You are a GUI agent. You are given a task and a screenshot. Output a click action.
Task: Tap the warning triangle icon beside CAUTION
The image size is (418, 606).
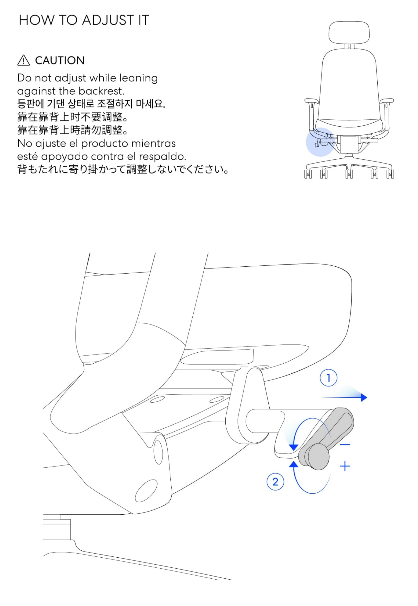click(x=24, y=60)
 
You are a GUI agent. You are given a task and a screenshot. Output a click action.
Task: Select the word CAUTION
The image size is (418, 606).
click(x=60, y=60)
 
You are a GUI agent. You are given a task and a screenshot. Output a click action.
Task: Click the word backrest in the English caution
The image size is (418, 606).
click(x=101, y=91)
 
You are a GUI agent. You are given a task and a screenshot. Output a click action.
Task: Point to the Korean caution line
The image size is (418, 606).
click(x=91, y=104)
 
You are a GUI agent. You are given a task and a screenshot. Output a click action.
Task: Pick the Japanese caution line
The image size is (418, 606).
click(x=123, y=169)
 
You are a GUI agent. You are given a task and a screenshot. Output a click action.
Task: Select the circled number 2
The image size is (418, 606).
click(x=275, y=482)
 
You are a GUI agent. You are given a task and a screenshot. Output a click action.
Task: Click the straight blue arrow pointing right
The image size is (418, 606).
click(x=344, y=397)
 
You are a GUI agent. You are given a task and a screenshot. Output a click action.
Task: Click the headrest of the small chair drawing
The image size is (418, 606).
click(x=349, y=33)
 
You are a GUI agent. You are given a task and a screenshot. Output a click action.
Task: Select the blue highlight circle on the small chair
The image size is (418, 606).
click(x=320, y=142)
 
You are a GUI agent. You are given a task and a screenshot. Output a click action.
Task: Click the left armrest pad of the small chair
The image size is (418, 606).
click(x=311, y=101)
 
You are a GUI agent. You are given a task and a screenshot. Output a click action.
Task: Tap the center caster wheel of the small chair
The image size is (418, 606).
click(x=349, y=174)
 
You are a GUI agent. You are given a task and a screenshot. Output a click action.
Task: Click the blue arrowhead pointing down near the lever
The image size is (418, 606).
click(x=294, y=447)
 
